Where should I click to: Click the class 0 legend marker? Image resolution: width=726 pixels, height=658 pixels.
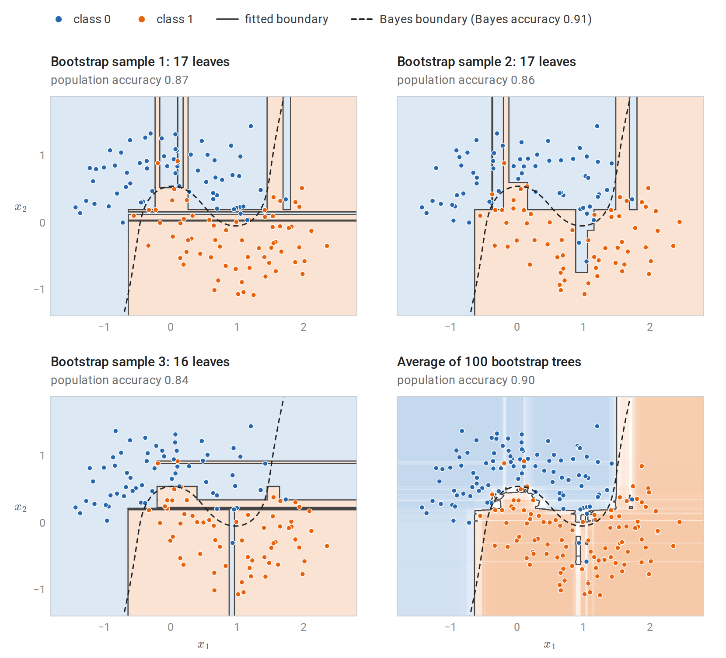[59, 19]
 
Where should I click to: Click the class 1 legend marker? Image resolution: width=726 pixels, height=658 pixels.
[142, 19]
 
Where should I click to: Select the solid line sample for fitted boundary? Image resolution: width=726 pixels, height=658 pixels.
[227, 19]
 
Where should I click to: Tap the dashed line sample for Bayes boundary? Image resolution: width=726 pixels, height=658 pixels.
[362, 19]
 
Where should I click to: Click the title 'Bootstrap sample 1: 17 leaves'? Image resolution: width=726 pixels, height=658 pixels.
[140, 62]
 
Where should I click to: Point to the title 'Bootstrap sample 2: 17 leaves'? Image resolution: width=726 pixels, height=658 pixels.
[486, 62]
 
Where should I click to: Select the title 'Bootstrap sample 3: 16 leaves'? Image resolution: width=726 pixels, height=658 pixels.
[140, 362]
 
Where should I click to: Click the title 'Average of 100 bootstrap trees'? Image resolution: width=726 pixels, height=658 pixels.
[489, 362]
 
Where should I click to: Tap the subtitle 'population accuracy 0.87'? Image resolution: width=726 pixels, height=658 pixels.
[119, 80]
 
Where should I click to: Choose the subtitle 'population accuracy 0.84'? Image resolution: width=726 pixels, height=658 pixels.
[119, 380]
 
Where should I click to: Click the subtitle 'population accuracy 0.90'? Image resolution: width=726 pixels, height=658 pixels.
[466, 380]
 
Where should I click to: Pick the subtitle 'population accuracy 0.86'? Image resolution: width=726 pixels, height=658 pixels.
[466, 80]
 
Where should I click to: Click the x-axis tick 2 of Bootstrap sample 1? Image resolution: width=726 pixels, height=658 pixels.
[304, 327]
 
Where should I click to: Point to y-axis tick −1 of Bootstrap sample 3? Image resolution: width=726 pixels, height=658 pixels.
[39, 589]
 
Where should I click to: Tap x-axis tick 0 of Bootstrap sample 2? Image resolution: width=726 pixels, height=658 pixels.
[517, 327]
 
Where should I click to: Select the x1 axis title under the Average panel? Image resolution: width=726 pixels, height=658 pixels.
[550, 644]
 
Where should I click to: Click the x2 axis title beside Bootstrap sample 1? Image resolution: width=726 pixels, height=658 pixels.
[21, 207]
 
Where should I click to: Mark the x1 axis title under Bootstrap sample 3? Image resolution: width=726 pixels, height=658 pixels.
[203, 644]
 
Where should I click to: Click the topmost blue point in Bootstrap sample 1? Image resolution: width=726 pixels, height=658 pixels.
[251, 126]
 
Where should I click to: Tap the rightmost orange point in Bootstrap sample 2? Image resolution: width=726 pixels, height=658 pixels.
[679, 222]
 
